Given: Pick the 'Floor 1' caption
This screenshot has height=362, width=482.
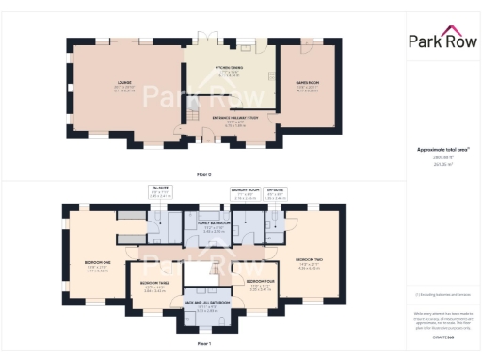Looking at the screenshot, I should click(x=203, y=344).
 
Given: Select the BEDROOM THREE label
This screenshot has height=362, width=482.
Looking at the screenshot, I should click(x=154, y=282).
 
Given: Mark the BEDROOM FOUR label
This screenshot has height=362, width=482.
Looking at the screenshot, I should click(x=260, y=282).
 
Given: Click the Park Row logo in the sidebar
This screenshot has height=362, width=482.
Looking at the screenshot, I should click(x=442, y=40).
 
